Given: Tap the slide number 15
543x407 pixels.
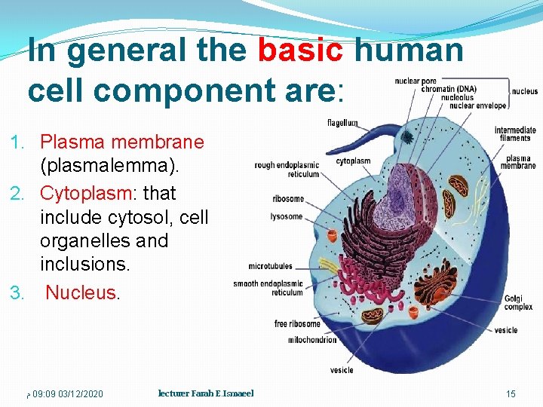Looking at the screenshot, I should (511, 394).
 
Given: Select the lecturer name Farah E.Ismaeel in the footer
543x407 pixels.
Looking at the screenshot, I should (206, 393).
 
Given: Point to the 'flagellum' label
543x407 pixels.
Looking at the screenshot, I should (342, 123).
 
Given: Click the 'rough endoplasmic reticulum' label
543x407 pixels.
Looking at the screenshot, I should (287, 170).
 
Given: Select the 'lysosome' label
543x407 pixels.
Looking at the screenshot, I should (287, 216).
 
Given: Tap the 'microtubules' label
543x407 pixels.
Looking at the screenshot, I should (270, 266).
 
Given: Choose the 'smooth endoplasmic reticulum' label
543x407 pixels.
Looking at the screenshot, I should (268, 288).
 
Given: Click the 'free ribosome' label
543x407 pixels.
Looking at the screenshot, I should (297, 324).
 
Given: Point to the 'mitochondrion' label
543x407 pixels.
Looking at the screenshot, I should (313, 340).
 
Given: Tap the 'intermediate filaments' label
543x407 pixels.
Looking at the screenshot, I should (515, 134).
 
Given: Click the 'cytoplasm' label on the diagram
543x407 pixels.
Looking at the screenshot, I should (353, 161).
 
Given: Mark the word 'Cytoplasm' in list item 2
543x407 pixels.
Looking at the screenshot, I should (85, 193).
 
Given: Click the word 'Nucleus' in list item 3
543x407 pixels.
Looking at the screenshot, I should (81, 292).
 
